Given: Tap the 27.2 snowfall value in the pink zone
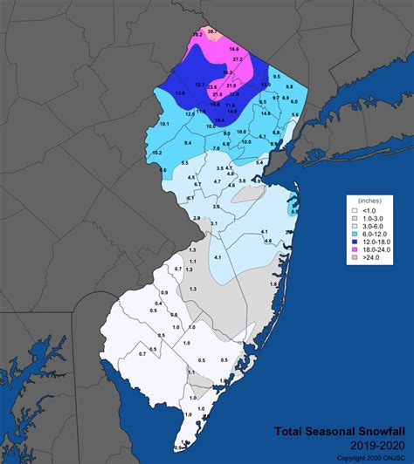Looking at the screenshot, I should tap(237, 58).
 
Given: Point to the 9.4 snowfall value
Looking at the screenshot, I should tap(187, 141).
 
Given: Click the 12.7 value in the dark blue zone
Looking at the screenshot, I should tap(200, 85).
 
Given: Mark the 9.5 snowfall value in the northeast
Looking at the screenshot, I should tap(276, 77).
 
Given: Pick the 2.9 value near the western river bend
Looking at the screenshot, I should tap(197, 217).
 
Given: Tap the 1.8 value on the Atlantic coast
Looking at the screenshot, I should tap(273, 284).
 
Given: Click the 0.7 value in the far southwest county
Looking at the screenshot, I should tap(142, 354).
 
